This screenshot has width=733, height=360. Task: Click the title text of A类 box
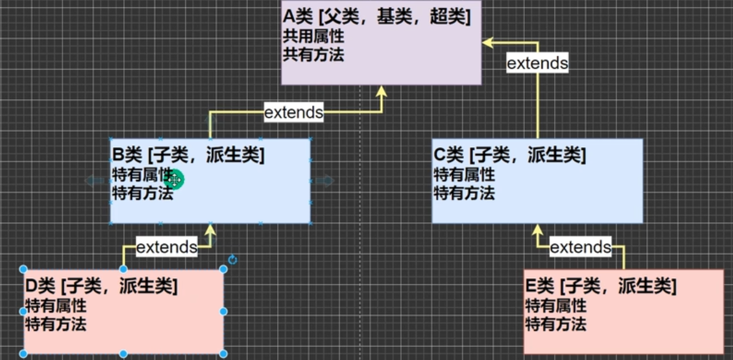(x=377, y=18)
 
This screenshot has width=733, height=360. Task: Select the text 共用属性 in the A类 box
(x=313, y=36)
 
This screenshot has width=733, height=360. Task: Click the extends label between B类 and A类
(x=294, y=113)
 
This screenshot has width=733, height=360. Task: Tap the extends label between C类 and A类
(x=537, y=63)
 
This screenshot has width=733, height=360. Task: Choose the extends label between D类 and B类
(x=166, y=247)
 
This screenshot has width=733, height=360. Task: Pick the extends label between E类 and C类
(x=580, y=247)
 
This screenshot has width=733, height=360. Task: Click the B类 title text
(x=188, y=156)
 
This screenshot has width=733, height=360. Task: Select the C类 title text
(x=510, y=156)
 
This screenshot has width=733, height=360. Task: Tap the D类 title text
(x=101, y=286)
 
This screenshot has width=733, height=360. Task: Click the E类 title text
(x=600, y=286)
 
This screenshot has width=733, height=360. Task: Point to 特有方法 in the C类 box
(x=464, y=193)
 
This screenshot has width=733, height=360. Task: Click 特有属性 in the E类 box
(x=556, y=305)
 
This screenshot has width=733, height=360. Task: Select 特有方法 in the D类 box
(x=55, y=324)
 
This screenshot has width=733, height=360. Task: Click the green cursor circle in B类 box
(x=174, y=180)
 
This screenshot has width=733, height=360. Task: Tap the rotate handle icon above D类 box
(x=232, y=260)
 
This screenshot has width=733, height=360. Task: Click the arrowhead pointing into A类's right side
(x=488, y=42)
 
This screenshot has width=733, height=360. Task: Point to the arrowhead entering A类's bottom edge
(x=381, y=92)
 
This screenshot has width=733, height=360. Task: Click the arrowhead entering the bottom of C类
(x=537, y=230)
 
